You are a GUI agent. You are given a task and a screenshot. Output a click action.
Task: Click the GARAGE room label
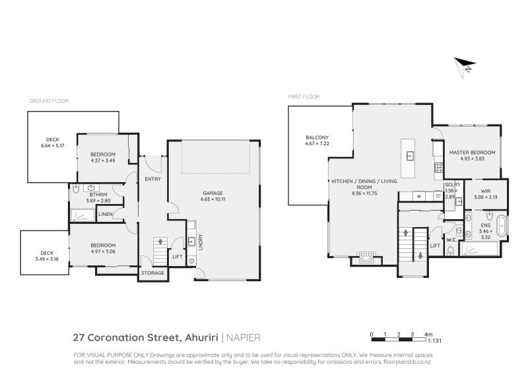pyautogui.click(x=214, y=193)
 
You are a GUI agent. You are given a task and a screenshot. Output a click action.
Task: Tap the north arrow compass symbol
pyautogui.click(x=465, y=65)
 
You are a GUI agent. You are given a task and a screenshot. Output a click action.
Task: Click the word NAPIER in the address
pyautogui.click(x=244, y=337)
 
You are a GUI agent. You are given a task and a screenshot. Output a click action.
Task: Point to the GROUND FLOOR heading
pyautogui.click(x=48, y=101)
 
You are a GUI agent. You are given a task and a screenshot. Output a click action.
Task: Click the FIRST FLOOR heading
pyautogui.click(x=304, y=96)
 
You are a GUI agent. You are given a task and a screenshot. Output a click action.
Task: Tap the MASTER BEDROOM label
pyautogui.click(x=472, y=153)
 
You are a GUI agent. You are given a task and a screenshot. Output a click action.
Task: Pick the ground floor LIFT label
pyautogui.click(x=177, y=256)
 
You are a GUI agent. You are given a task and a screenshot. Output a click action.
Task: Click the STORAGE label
pyautogui.click(x=152, y=273)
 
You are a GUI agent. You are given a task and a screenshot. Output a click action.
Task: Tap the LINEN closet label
pyautogui.click(x=105, y=214)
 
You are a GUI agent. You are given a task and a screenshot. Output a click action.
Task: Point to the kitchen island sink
pyautogui.click(x=409, y=156)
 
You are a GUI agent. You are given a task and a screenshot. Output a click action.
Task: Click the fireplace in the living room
pyautogui.click(x=365, y=258)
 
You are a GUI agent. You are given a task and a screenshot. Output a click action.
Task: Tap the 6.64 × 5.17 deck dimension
pyautogui.click(x=53, y=146)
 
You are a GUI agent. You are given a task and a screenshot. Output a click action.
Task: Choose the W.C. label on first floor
pyautogui.click(x=451, y=240)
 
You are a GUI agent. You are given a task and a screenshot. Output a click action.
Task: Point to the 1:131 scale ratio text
pyautogui.click(x=434, y=342)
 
